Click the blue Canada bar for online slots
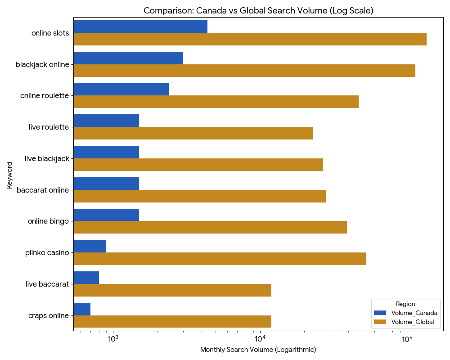point(140,27)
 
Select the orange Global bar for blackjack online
point(244,71)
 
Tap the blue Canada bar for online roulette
point(121,89)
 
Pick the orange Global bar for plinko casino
point(220,259)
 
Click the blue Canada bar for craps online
point(82,309)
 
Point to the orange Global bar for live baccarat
point(172,290)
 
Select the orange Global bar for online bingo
point(210,227)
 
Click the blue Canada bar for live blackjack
point(106,152)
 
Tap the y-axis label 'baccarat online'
point(43,190)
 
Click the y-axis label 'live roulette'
point(49,127)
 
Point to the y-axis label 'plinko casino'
point(47,252)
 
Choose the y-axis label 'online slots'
point(50,33)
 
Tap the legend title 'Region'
point(405,304)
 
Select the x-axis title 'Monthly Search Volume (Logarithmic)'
point(258,350)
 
